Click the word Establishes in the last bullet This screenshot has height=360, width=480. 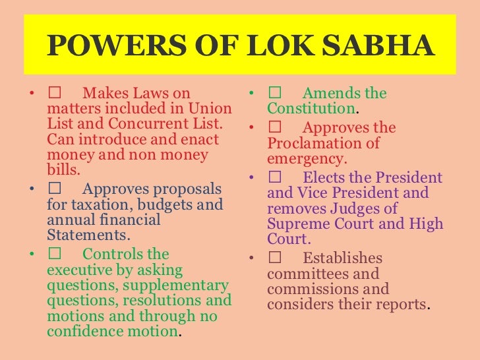[342, 258]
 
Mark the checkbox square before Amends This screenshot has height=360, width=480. [274, 94]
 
